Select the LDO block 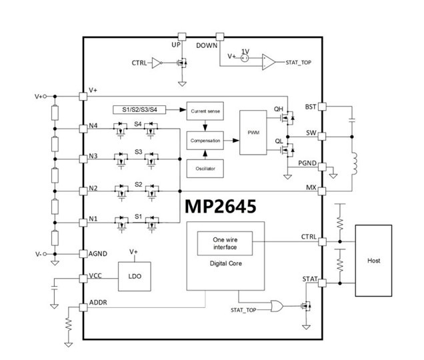[133, 275]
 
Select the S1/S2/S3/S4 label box [139, 109]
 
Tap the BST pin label [309, 107]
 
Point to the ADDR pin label [99, 304]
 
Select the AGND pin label [99, 253]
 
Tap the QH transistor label [279, 110]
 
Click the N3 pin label [94, 157]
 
